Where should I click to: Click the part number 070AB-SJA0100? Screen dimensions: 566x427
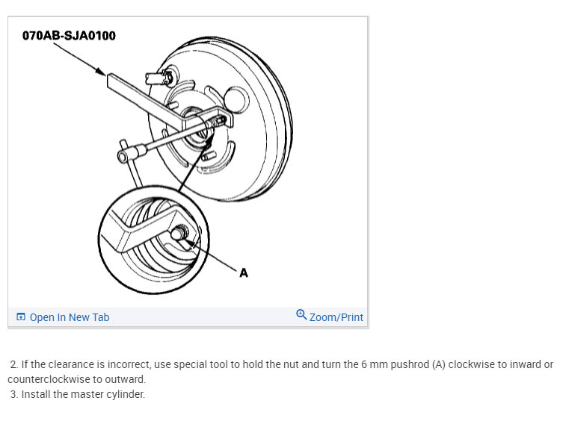click(x=69, y=36)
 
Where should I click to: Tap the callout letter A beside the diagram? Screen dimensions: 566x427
click(x=244, y=272)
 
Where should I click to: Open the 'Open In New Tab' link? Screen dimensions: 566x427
click(x=70, y=317)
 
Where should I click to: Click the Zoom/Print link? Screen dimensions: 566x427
click(x=336, y=317)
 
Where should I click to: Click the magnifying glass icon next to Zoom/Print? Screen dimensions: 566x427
click(x=301, y=315)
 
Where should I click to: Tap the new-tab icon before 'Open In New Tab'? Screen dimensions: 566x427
click(x=21, y=317)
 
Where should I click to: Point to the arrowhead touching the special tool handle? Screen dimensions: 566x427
click(x=101, y=72)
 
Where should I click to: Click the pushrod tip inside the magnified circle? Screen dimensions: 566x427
click(x=178, y=232)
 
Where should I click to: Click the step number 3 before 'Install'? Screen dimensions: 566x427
click(x=13, y=394)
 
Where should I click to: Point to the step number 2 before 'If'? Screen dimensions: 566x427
click(x=13, y=364)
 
